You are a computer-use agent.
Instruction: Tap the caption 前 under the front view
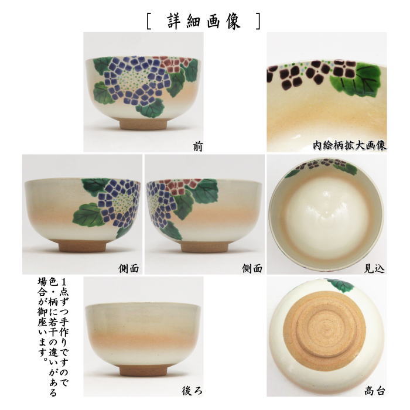pos(197,146)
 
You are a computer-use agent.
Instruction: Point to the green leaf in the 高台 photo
pos(340,285)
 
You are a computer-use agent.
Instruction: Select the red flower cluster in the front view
pos(176,63)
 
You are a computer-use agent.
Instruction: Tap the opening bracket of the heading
pos(151,20)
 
